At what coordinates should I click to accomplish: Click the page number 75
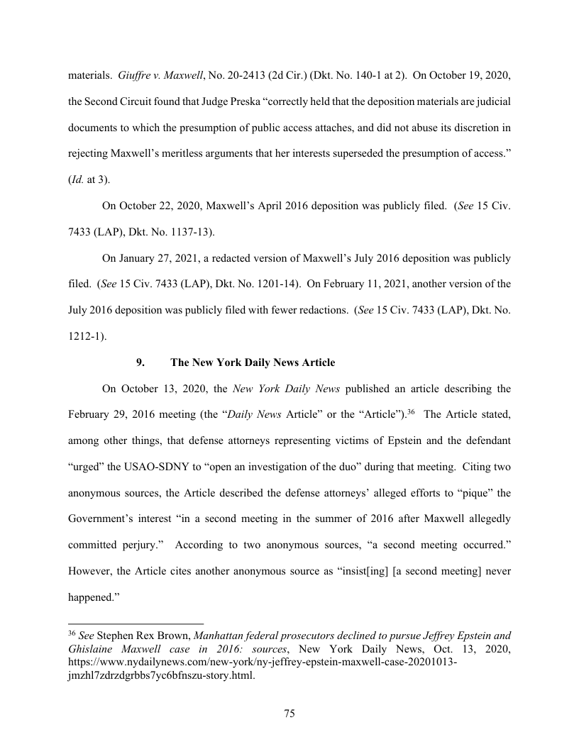(289, 714)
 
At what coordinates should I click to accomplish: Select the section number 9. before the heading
(140, 362)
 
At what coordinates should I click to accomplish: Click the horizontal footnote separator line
(136, 617)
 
